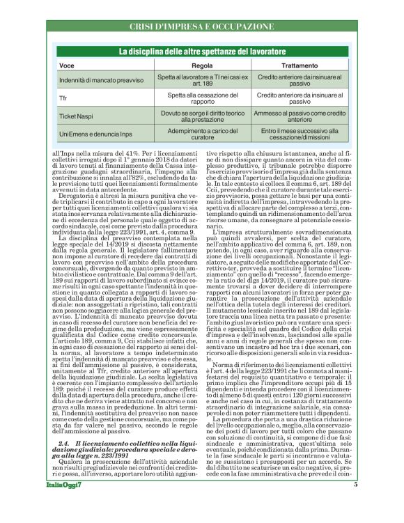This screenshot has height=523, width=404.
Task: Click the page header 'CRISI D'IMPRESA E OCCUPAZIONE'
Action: click(201, 26)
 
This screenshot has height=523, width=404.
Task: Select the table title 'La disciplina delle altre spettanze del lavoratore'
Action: click(201, 52)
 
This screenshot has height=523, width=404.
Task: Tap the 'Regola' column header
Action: click(202, 65)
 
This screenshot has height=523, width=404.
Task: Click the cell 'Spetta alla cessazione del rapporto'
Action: click(202, 98)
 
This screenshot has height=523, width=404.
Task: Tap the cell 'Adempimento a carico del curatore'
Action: click(202, 132)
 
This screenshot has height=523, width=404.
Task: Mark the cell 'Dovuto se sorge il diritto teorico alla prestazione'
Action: click(202, 116)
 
